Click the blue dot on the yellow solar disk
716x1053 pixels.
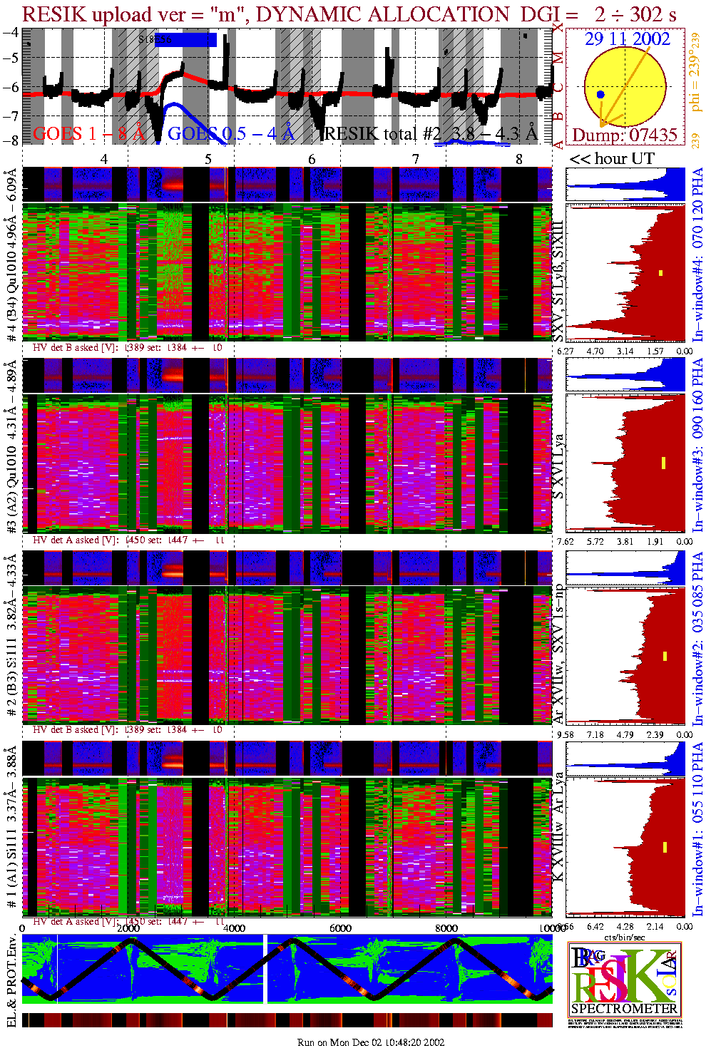[x=600, y=94]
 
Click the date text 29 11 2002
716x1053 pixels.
[x=627, y=39]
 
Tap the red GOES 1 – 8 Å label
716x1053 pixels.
[x=88, y=133]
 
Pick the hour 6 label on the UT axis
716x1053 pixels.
[x=312, y=159]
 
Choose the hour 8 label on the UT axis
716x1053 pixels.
[x=519, y=159]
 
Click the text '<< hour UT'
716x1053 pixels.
[x=612, y=159]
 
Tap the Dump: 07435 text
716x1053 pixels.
[x=624, y=135]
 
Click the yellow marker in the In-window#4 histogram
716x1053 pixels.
[x=661, y=273]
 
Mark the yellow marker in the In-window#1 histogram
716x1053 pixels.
[x=665, y=847]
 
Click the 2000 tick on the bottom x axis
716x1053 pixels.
[x=128, y=928]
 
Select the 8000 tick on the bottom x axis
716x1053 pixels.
[x=446, y=928]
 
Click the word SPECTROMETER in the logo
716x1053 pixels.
[x=624, y=1008]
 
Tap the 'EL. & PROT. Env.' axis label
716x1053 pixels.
[x=11, y=982]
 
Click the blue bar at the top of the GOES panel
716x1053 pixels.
[x=186, y=40]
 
